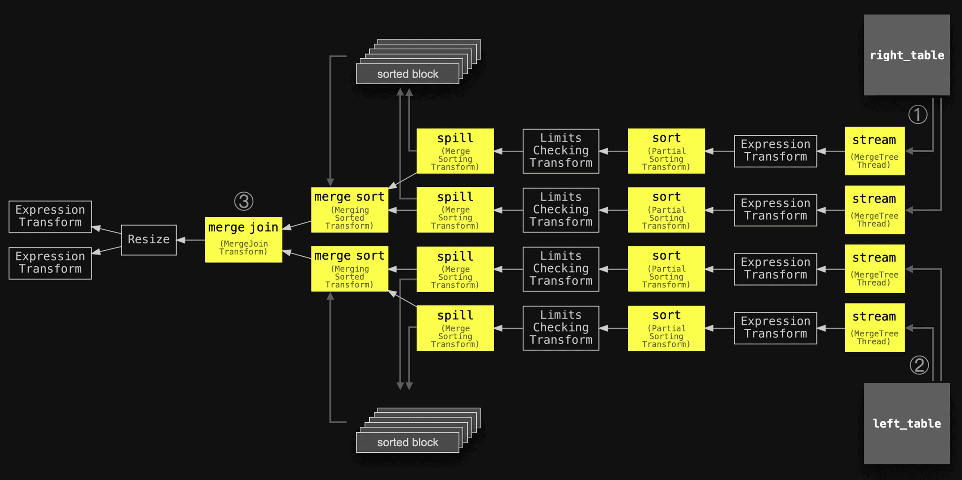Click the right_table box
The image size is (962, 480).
pyautogui.click(x=907, y=55)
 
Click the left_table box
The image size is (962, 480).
pyautogui.click(x=907, y=424)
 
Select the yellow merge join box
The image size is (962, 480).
pyautogui.click(x=244, y=240)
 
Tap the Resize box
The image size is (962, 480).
pyautogui.click(x=149, y=240)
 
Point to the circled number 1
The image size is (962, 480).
pyautogui.click(x=918, y=115)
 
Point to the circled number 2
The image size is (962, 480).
pyautogui.click(x=919, y=365)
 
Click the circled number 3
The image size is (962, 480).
pyautogui.click(x=244, y=201)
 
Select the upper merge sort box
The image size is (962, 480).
pyautogui.click(x=350, y=210)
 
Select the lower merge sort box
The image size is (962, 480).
pyautogui.click(x=350, y=269)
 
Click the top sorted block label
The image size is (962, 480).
pyautogui.click(x=408, y=74)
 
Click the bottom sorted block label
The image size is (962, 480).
pyautogui.click(x=408, y=442)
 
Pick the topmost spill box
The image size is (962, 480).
pyautogui.click(x=455, y=151)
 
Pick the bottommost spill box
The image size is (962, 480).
pyautogui.click(x=455, y=328)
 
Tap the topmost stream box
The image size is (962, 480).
pyautogui.click(x=875, y=151)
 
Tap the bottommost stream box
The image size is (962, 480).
pyautogui.click(x=875, y=328)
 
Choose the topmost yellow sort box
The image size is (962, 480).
pyautogui.click(x=667, y=151)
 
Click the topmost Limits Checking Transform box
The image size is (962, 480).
pyautogui.click(x=561, y=151)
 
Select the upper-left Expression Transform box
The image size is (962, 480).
pyautogui.click(x=50, y=217)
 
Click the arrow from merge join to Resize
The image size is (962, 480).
pyautogui.click(x=191, y=240)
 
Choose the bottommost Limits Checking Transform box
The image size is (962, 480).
pyautogui.click(x=561, y=328)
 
